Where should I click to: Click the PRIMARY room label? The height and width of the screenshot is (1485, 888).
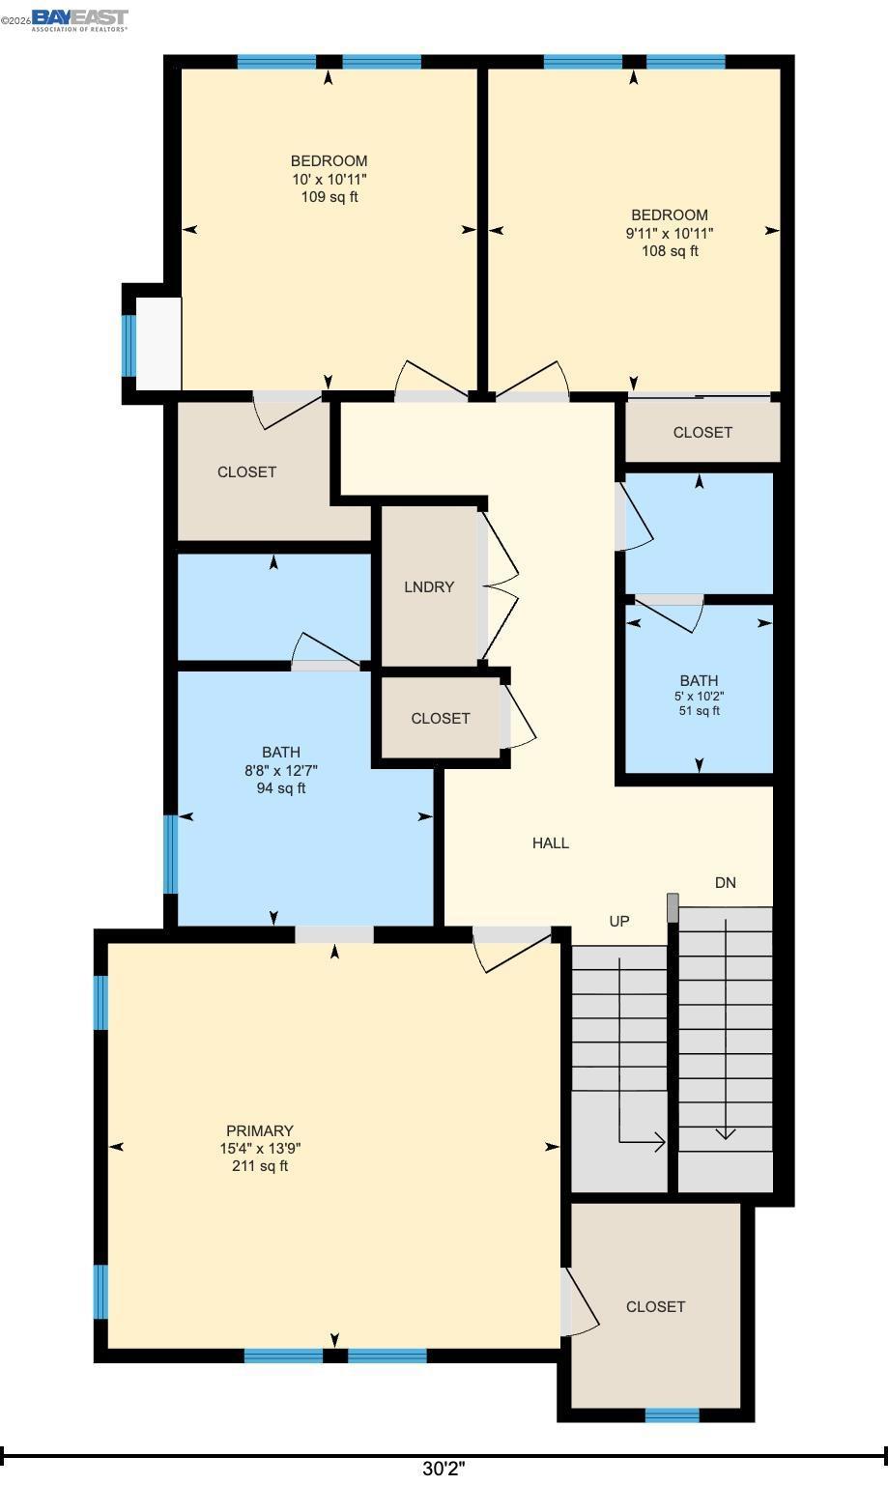point(260,1130)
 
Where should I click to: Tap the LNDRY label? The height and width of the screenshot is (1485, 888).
point(429,586)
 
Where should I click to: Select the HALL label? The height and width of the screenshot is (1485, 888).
point(551,842)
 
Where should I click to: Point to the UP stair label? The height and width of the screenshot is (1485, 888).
point(619,921)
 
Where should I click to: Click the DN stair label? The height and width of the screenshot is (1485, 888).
point(726,882)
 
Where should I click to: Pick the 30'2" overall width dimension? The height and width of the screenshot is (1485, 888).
point(444,1469)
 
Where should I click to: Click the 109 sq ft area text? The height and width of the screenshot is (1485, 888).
point(329,197)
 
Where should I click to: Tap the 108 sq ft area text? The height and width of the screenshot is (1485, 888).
point(670,251)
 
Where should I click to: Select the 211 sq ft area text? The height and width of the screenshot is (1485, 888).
point(260,1166)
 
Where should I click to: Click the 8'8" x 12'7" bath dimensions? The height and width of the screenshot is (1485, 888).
point(281,770)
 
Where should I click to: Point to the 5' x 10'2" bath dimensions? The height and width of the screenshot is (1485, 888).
point(699,696)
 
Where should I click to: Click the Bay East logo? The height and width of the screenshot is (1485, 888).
point(79,20)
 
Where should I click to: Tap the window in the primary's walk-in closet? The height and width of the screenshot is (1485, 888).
point(672,1414)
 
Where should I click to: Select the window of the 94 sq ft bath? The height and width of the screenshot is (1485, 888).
point(170,854)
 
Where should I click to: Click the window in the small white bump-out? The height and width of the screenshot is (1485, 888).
point(129,345)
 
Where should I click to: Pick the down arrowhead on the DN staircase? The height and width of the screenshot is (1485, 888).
point(726,1134)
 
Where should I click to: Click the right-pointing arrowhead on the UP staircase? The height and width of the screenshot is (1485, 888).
point(660,1142)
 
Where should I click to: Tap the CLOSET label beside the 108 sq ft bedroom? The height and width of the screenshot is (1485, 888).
point(702,432)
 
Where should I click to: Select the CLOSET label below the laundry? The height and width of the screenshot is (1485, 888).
point(441,718)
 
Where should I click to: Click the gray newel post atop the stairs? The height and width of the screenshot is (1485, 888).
point(673,907)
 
